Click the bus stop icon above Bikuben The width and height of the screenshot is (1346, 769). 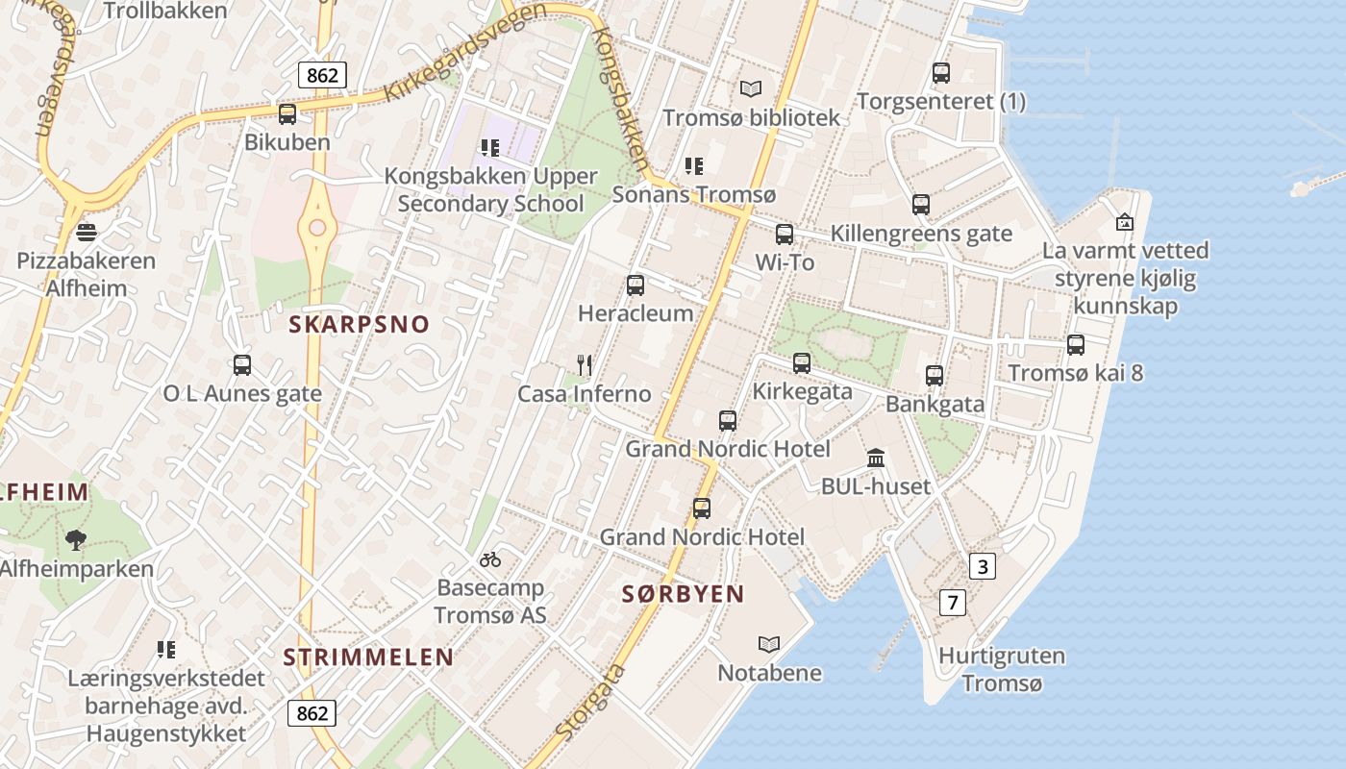click(x=287, y=114)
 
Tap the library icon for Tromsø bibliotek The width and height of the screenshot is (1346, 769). click(x=751, y=88)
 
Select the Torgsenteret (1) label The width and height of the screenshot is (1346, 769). click(x=941, y=101)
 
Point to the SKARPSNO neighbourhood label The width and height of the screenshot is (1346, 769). click(x=359, y=324)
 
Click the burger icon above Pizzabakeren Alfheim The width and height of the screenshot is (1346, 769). click(x=87, y=232)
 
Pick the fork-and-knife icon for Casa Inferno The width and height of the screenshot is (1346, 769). click(x=584, y=364)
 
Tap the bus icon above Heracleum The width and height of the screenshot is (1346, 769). click(x=635, y=285)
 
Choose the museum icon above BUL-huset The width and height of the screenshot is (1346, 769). click(x=875, y=458)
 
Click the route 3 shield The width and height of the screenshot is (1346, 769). click(x=982, y=566)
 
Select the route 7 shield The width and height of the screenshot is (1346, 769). click(x=952, y=603)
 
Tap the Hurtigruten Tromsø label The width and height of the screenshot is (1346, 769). click(x=1002, y=670)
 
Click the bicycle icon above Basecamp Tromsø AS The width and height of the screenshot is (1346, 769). click(x=490, y=558)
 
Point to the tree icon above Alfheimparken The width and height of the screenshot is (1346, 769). click(x=75, y=539)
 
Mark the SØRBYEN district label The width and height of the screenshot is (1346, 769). click(x=683, y=594)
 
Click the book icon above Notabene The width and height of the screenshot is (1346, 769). click(x=769, y=644)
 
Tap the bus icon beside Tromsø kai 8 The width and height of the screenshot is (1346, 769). click(x=1076, y=344)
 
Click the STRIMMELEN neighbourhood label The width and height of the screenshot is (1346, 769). click(x=368, y=657)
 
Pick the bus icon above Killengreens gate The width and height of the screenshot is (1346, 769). click(x=921, y=204)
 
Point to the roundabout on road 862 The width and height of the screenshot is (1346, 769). click(x=316, y=228)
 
